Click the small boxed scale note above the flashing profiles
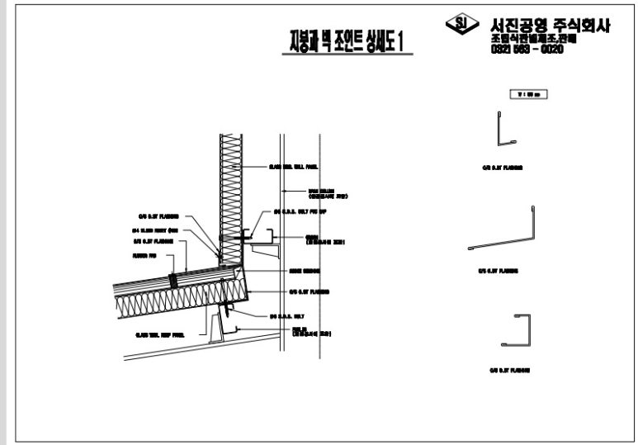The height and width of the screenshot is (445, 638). pyautogui.click(x=529, y=95)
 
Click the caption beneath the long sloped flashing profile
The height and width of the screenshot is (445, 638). pyautogui.click(x=500, y=269)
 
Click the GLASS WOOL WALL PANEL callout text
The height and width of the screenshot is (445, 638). pyautogui.click(x=293, y=166)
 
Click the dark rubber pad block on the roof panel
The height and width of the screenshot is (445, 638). pyautogui.click(x=174, y=280)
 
